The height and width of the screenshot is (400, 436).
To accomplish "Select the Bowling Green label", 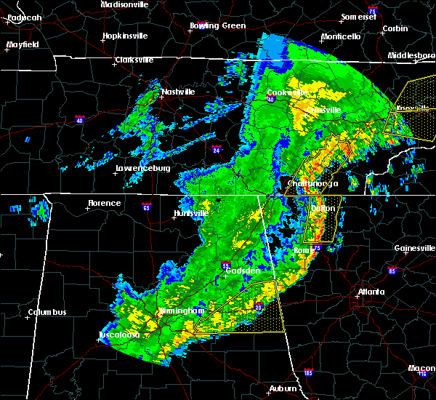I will [x=218, y=26].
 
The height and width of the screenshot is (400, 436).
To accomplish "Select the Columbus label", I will [x=47, y=313].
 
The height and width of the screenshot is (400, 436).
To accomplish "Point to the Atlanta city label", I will [x=371, y=292].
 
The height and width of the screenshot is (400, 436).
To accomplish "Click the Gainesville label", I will [x=415, y=248].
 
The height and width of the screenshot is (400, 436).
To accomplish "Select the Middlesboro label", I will [x=411, y=55].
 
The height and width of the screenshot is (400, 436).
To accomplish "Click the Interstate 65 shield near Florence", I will [x=146, y=206].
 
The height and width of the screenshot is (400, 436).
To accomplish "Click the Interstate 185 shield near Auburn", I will [x=309, y=373].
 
